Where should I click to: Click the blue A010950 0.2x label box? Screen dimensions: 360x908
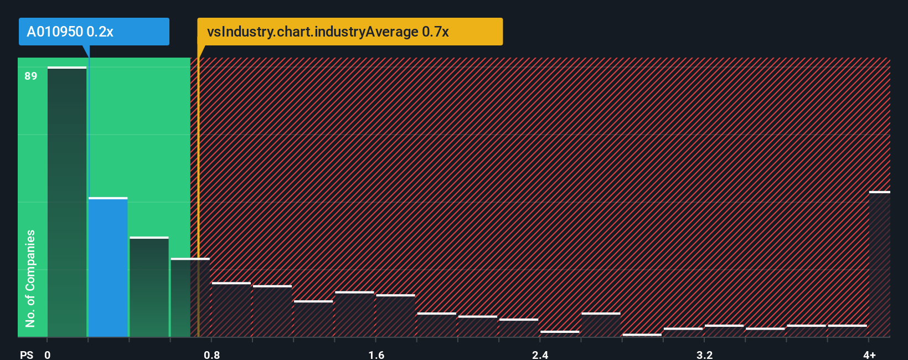(x=94, y=32)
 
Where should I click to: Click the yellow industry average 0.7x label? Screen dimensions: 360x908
(x=350, y=32)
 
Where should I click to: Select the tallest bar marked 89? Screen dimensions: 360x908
(x=67, y=202)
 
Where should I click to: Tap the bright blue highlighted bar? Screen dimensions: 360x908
(x=108, y=267)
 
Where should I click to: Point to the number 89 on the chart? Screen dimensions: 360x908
(x=31, y=76)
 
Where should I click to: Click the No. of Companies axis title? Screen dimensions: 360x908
(x=30, y=278)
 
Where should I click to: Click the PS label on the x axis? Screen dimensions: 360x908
(x=27, y=354)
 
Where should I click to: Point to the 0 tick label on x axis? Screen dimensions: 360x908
(x=48, y=354)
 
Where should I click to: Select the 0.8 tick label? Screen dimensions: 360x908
(x=212, y=354)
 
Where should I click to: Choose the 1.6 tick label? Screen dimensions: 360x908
(x=376, y=354)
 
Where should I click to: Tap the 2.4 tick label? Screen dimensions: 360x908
(x=540, y=354)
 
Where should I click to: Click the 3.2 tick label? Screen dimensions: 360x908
(x=705, y=354)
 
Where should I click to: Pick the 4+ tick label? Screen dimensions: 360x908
(x=869, y=354)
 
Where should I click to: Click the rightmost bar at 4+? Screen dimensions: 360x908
(x=879, y=264)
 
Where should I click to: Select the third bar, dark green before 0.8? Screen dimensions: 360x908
(x=149, y=287)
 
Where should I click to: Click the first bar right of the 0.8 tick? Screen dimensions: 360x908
(x=231, y=310)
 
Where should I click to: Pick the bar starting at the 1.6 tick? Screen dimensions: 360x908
(x=396, y=316)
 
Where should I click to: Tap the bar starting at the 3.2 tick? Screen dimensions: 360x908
(x=724, y=331)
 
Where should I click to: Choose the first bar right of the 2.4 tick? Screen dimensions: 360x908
(x=560, y=334)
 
